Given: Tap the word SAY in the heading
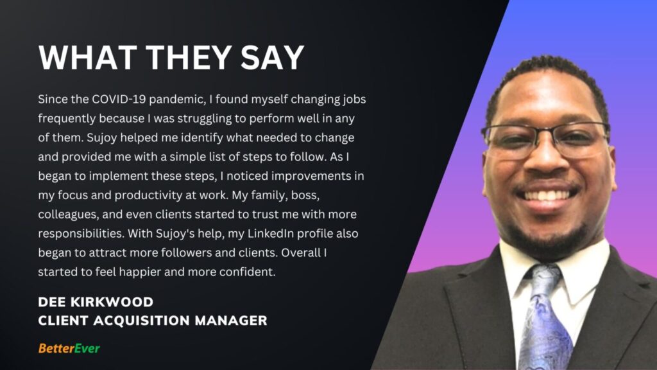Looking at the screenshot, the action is click(x=272, y=57).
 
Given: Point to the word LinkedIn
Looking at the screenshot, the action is click(x=271, y=233).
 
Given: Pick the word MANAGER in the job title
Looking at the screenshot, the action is click(x=231, y=321).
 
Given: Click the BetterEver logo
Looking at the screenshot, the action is click(x=69, y=348).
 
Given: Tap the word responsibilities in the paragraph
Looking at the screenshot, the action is click(x=81, y=234).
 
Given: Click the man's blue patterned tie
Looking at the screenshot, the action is click(x=544, y=319).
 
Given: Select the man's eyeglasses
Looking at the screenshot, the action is click(x=545, y=139).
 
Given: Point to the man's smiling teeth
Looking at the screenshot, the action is click(x=547, y=195).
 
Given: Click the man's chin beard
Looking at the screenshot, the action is click(x=547, y=239).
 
